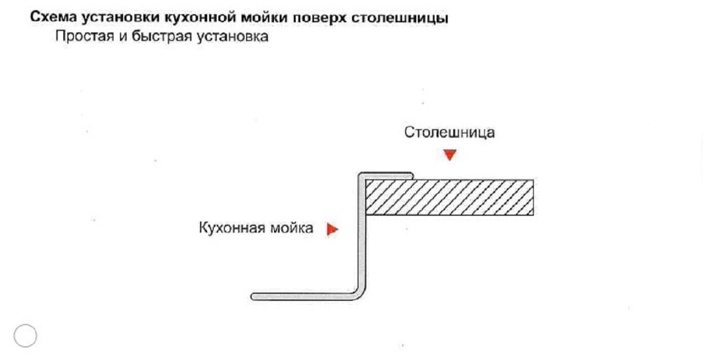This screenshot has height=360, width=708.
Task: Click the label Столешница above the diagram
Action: [x=449, y=133]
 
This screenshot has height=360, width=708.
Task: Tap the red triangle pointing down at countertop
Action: [x=449, y=155]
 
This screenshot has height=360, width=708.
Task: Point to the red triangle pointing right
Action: [x=332, y=229]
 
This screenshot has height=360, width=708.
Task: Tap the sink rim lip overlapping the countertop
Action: [x=387, y=175]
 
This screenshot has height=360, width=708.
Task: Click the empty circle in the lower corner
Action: [x=25, y=335]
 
